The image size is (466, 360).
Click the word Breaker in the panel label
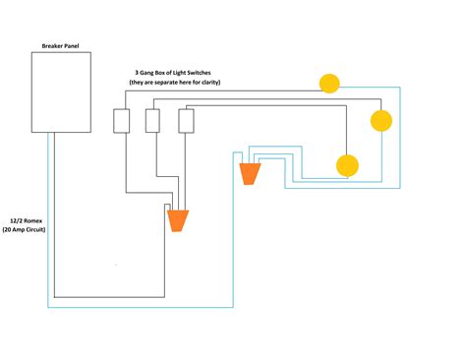(50, 46)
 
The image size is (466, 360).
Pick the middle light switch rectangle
(152, 120)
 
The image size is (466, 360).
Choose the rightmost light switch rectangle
(186, 120)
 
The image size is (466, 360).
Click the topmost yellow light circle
(328, 84)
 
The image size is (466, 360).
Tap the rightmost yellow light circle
(380, 120)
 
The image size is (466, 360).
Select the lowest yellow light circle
(347, 165)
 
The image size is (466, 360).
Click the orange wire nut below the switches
(178, 219)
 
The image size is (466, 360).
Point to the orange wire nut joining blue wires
(251, 173)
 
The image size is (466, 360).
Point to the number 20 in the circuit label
(10, 228)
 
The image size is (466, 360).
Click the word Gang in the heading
(148, 73)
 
